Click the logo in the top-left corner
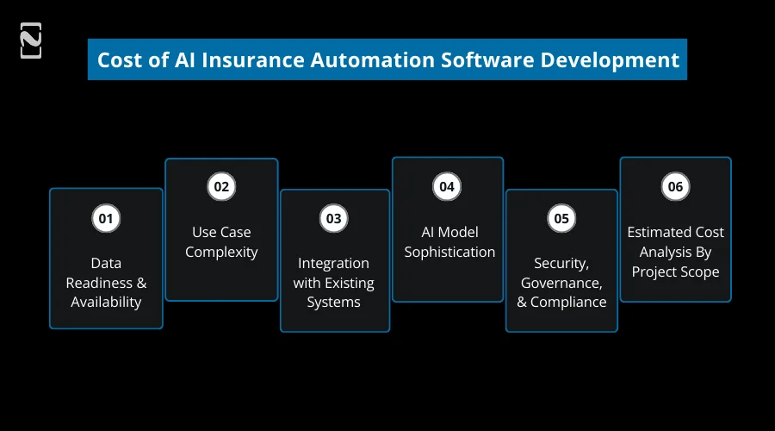[x=31, y=41]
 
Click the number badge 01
[x=105, y=218]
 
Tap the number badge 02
[x=221, y=187]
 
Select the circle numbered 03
[x=333, y=218]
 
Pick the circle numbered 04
[x=446, y=187]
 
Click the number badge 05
[x=561, y=218]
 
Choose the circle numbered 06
[x=675, y=187]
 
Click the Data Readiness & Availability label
[x=106, y=282]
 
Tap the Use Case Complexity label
[x=221, y=242]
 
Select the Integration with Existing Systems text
[x=333, y=282]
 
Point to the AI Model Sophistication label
[x=449, y=242]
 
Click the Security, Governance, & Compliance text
[x=561, y=282]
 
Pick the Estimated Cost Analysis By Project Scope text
[x=675, y=252]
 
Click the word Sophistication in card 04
[x=449, y=253]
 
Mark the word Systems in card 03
[x=333, y=302]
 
